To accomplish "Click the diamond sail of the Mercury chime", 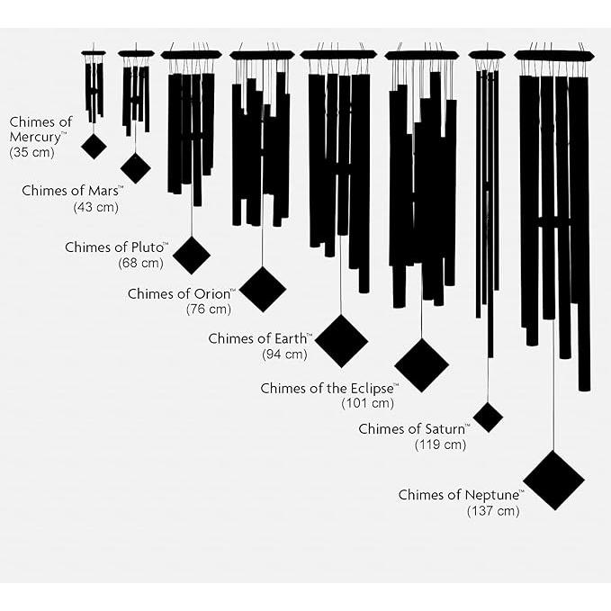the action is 94,146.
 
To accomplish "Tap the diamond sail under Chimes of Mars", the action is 136,168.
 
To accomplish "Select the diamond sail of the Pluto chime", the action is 192,256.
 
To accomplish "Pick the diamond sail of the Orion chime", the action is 263,289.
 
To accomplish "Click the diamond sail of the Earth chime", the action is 341,341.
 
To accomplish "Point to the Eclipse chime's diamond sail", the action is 422,365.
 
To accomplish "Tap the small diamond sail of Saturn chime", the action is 488,418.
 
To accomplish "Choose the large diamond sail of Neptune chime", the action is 553,481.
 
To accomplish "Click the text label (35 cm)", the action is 32,152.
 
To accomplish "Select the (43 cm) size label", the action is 96,207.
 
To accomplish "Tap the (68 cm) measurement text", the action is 140,263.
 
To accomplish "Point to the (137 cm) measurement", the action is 493,510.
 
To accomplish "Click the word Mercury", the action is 36,138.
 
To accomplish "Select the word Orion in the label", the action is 211,294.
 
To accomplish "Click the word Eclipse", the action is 372,389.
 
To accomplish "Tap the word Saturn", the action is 445,429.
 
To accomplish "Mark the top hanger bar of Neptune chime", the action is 554,55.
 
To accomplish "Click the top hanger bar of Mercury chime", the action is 94,53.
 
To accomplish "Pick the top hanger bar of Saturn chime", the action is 487,55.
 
